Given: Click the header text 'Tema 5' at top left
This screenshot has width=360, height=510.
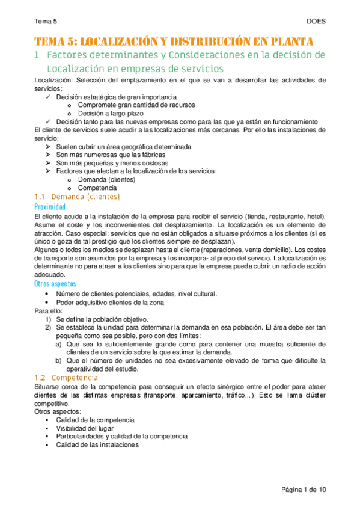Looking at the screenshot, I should (46, 21).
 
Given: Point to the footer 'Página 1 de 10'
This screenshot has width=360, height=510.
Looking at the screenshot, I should (304, 490).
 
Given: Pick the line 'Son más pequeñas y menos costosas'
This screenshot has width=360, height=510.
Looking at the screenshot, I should (112, 162).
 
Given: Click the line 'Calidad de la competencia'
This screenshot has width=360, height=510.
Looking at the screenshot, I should (95, 419).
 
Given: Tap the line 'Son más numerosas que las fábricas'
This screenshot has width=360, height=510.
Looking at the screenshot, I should (112, 155).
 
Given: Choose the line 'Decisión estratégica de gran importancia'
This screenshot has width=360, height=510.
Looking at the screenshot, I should (116, 96).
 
